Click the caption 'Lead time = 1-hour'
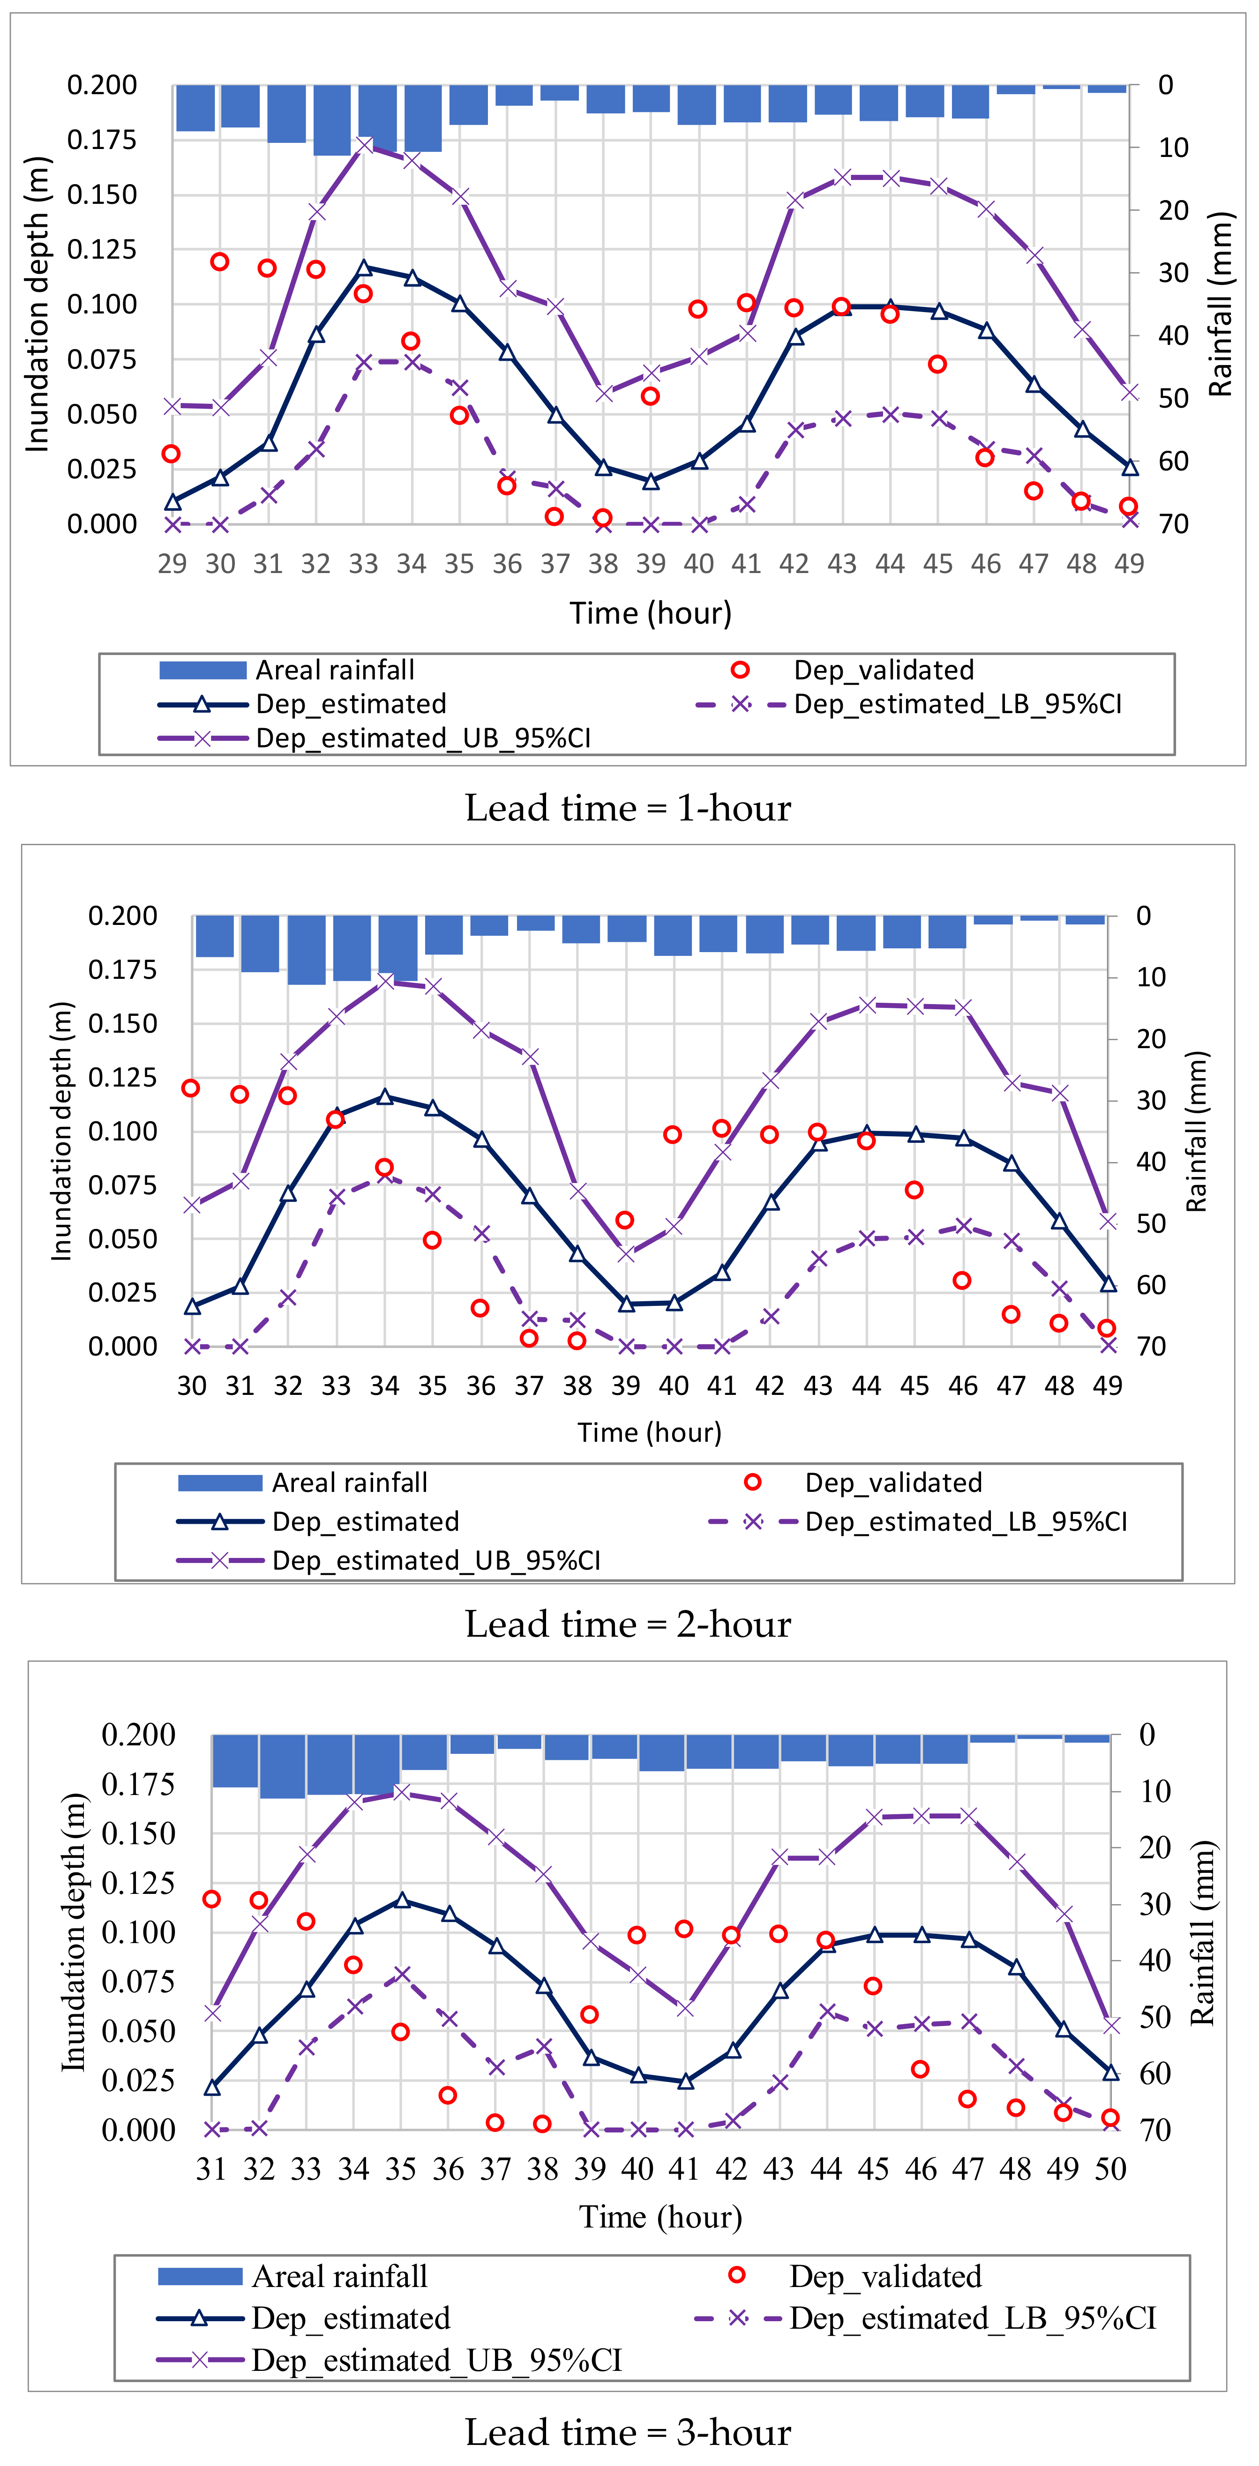click(628, 809)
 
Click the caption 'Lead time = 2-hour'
click(628, 1624)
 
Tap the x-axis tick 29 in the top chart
click(172, 564)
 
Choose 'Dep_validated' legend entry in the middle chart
click(893, 1483)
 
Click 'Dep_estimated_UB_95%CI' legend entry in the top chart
click(423, 738)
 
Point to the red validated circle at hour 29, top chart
click(172, 454)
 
